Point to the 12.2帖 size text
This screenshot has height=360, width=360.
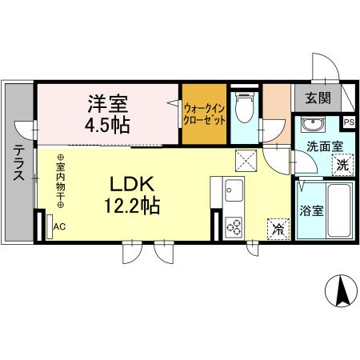pos(130,206)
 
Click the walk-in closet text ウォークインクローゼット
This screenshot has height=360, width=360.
pos(204,114)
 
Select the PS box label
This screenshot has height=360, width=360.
pos(348,122)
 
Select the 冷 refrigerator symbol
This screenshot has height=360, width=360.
pos(278,228)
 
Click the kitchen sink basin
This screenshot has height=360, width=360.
pos(234,193)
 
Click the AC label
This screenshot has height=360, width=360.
pos(59,226)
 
